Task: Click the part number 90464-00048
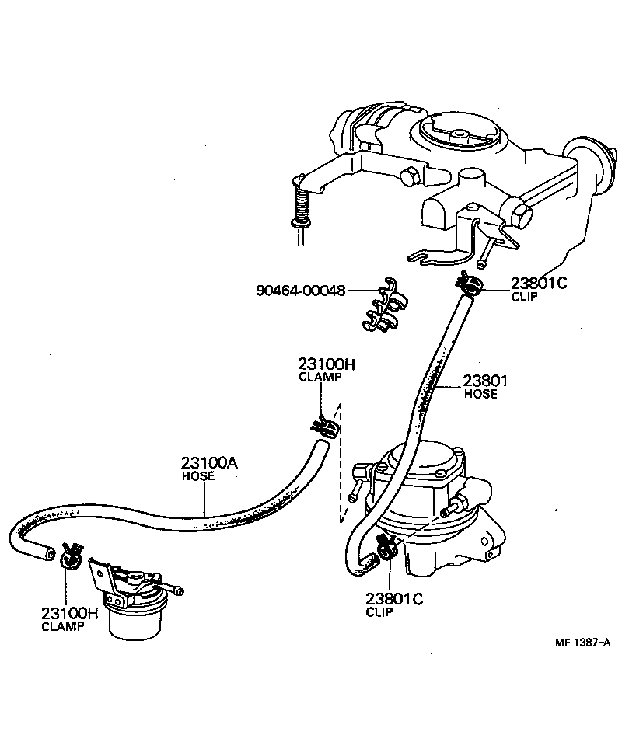pos(300,291)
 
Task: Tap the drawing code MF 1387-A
pos(582,642)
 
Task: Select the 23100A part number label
pos(209,463)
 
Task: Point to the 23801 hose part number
pos(485,381)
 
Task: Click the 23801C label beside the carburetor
pos(539,284)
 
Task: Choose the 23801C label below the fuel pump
pos(393,598)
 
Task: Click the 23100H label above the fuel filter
pos(69,613)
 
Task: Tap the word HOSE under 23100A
pos(198,476)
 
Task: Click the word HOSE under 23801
pos(480,394)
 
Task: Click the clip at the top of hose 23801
pos(470,284)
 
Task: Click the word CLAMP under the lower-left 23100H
pos(62,626)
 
